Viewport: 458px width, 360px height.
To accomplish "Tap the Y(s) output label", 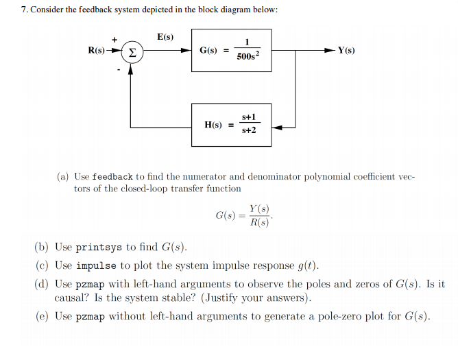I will pyautogui.click(x=346, y=51).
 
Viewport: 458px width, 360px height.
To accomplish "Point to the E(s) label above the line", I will pyautogui.click(x=165, y=36).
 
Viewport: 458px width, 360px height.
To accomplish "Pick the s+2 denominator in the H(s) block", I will pyautogui.click(x=249, y=131).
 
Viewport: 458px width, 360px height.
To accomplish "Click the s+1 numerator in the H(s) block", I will pyautogui.click(x=249, y=119).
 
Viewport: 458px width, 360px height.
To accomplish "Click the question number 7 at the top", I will pyautogui.click(x=25, y=11).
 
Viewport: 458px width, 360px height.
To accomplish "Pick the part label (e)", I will pyautogui.click(x=43, y=316).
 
